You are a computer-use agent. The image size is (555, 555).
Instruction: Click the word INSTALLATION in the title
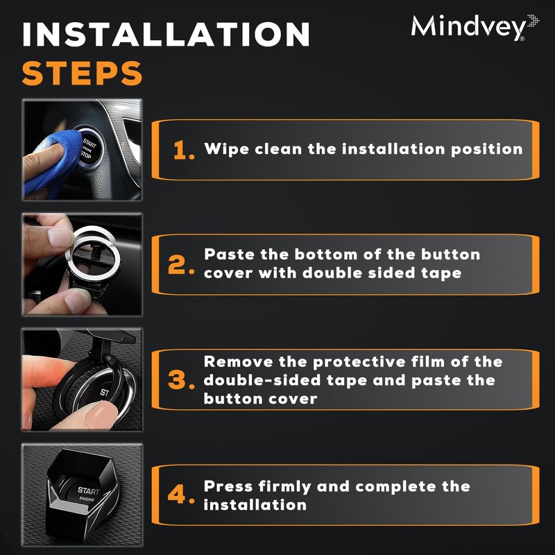[x=166, y=35]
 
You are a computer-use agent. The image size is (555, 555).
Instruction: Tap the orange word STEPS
[x=82, y=73]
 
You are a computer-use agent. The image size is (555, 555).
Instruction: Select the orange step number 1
[x=183, y=151]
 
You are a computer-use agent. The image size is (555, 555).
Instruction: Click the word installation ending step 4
[x=255, y=504]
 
